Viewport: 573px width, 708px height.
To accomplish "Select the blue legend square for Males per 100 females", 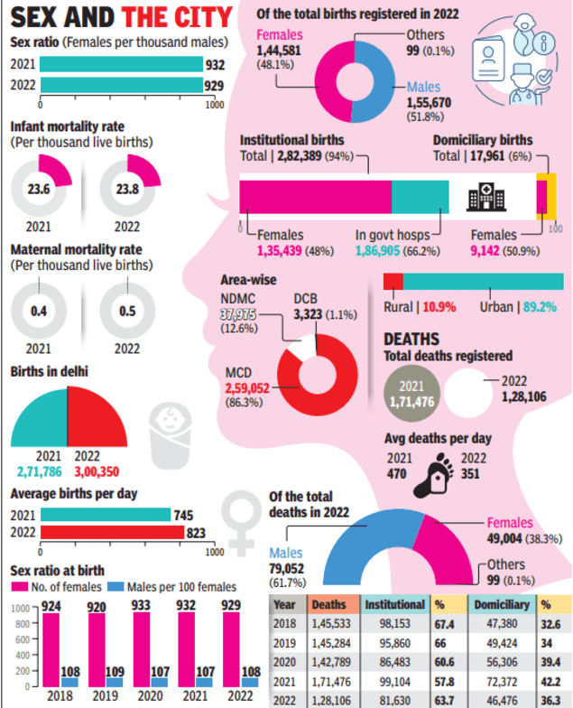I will coord(116,588).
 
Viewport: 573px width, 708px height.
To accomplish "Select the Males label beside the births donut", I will coord(423,87).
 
